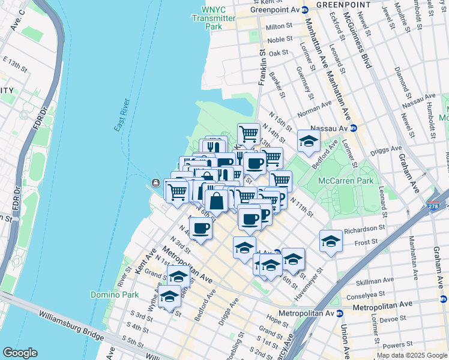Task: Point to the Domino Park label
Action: (x=114, y=295)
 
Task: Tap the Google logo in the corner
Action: (x=19, y=353)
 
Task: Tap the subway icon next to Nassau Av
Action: (x=354, y=128)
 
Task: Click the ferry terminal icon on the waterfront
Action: (x=155, y=183)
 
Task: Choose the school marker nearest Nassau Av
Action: (x=309, y=141)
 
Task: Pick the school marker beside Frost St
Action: (x=330, y=241)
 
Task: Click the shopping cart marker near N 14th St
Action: (x=249, y=133)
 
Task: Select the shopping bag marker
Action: (x=216, y=201)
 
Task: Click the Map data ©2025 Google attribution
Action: (x=411, y=355)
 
